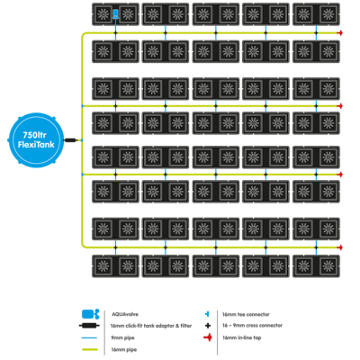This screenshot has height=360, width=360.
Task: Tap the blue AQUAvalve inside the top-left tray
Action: tap(117, 13)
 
